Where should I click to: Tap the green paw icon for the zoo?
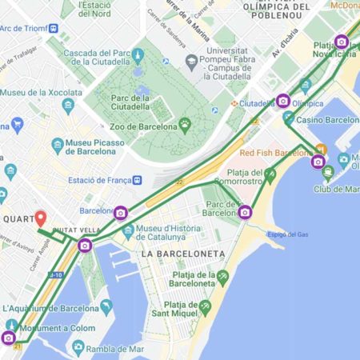tap(186, 125)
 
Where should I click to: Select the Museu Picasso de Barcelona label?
tap(95, 147)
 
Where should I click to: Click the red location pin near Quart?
tap(41, 218)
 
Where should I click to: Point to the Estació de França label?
tap(99, 180)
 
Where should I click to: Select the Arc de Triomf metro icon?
tap(54, 29)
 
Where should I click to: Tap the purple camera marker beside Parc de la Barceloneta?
tap(245, 212)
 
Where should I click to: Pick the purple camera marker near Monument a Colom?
tap(9, 338)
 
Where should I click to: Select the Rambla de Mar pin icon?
tap(78, 347)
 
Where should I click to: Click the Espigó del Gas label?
tap(287, 234)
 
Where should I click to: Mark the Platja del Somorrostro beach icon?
tap(270, 173)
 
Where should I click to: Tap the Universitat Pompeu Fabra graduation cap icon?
tap(190, 62)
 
